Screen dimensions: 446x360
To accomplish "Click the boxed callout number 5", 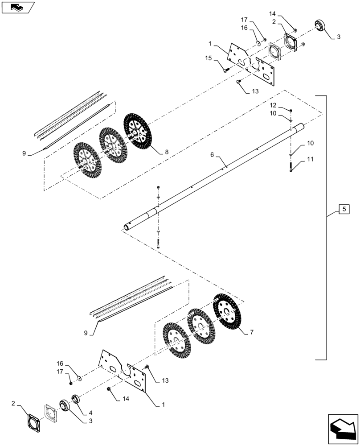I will pyautogui.click(x=343, y=209).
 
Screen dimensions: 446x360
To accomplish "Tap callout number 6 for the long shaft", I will pyautogui.click(x=212, y=155).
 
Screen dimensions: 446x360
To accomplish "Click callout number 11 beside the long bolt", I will pyautogui.click(x=309, y=159).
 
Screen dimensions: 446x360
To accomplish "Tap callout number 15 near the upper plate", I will pyautogui.click(x=208, y=58).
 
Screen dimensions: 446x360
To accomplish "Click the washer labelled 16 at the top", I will pyautogui.click(x=258, y=44).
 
